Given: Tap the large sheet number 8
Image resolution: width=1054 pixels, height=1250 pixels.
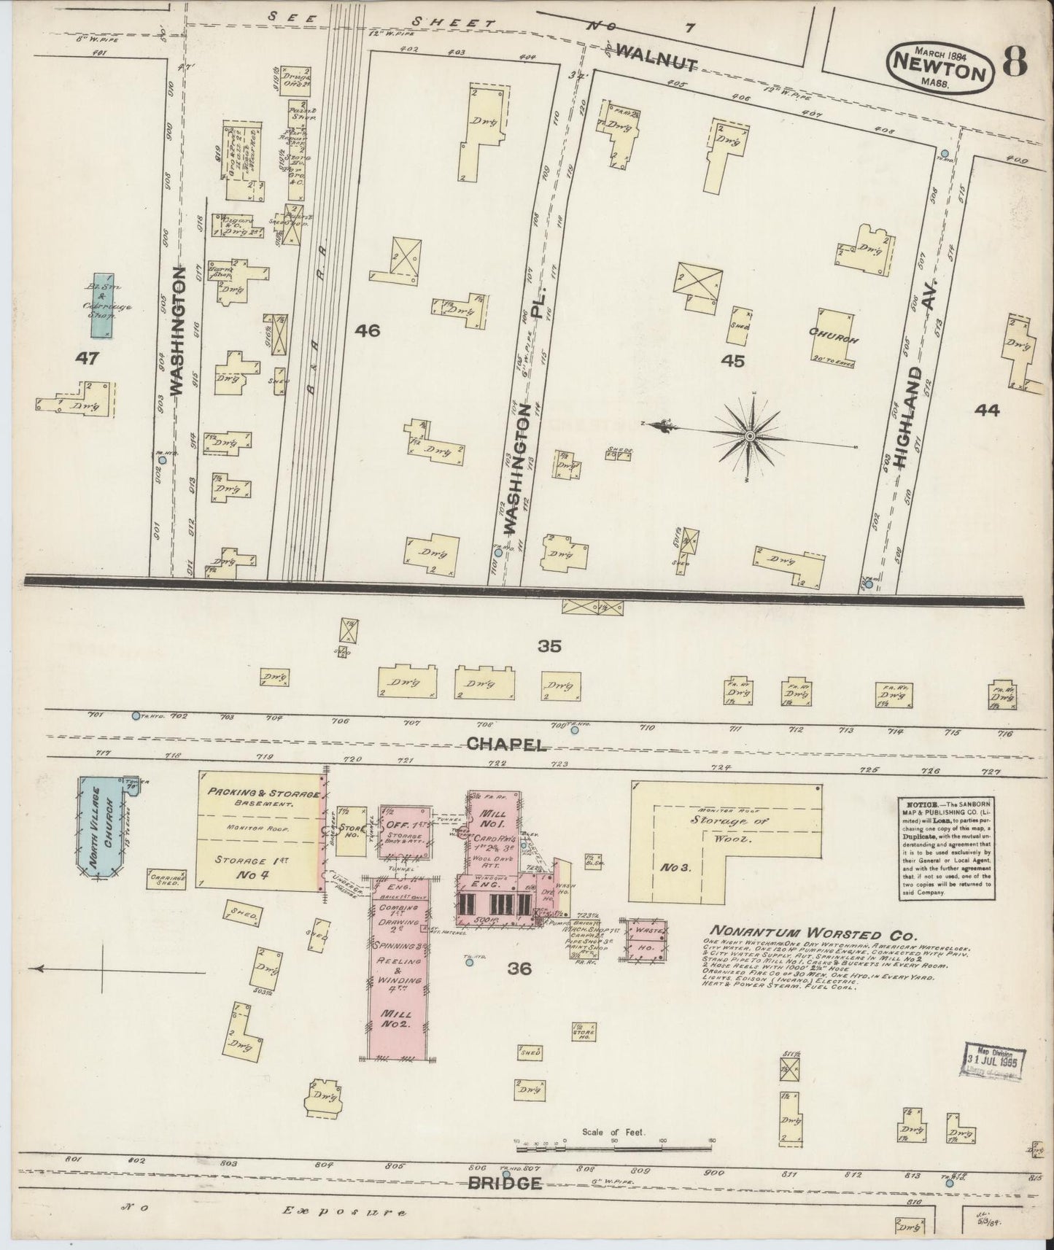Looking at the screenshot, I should coord(1015,63).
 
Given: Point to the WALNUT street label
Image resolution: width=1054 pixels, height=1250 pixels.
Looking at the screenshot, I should coord(656,58).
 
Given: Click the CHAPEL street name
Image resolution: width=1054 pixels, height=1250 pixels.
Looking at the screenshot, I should coord(505,744).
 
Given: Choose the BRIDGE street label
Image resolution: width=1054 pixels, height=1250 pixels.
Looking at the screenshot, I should coord(505,1182).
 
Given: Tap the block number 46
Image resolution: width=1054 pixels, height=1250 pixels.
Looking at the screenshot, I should coord(368,331).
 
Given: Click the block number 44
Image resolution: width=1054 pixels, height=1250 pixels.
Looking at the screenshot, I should coord(988,411).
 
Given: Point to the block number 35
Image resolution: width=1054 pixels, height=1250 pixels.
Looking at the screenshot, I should coord(549,645).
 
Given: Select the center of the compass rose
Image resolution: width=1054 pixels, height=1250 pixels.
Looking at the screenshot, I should coord(749,436).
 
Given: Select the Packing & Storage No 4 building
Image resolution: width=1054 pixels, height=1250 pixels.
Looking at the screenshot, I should coord(259,831).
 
